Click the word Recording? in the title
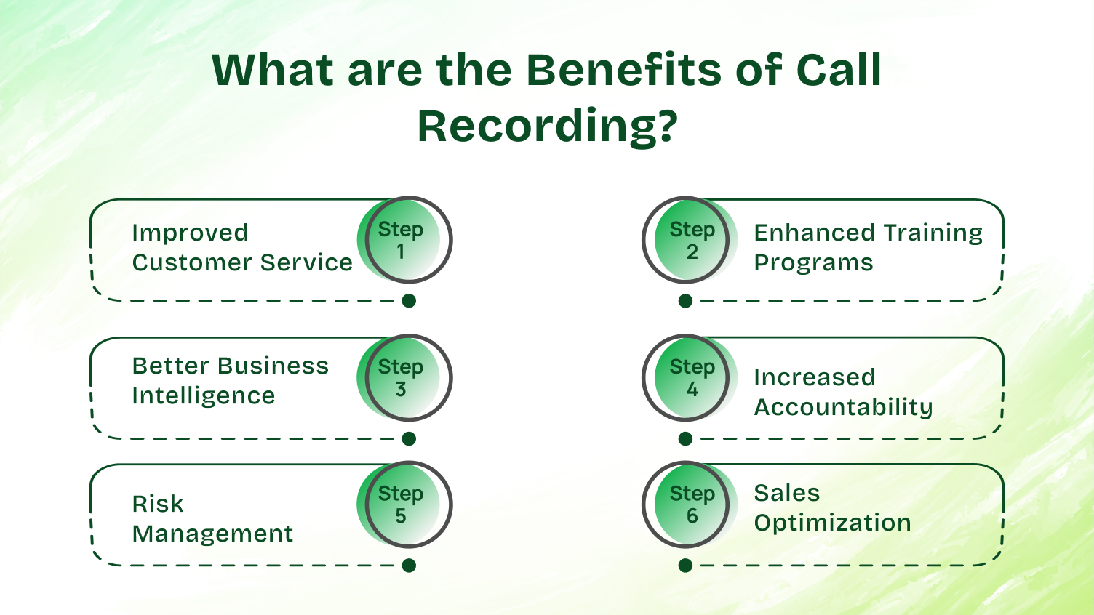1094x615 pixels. [547, 126]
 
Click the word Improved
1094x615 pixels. [190, 233]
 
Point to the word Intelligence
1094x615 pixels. [204, 396]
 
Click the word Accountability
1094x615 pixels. [843, 408]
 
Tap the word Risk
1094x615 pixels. [157, 504]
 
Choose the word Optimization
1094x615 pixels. [832, 523]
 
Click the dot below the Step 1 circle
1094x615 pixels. [409, 301]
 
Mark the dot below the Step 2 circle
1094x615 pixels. [685, 301]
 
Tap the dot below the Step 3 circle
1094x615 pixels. [409, 439]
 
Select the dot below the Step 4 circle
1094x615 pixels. [685, 439]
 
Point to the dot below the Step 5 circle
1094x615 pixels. [409, 566]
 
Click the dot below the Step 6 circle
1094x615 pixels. [685, 566]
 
